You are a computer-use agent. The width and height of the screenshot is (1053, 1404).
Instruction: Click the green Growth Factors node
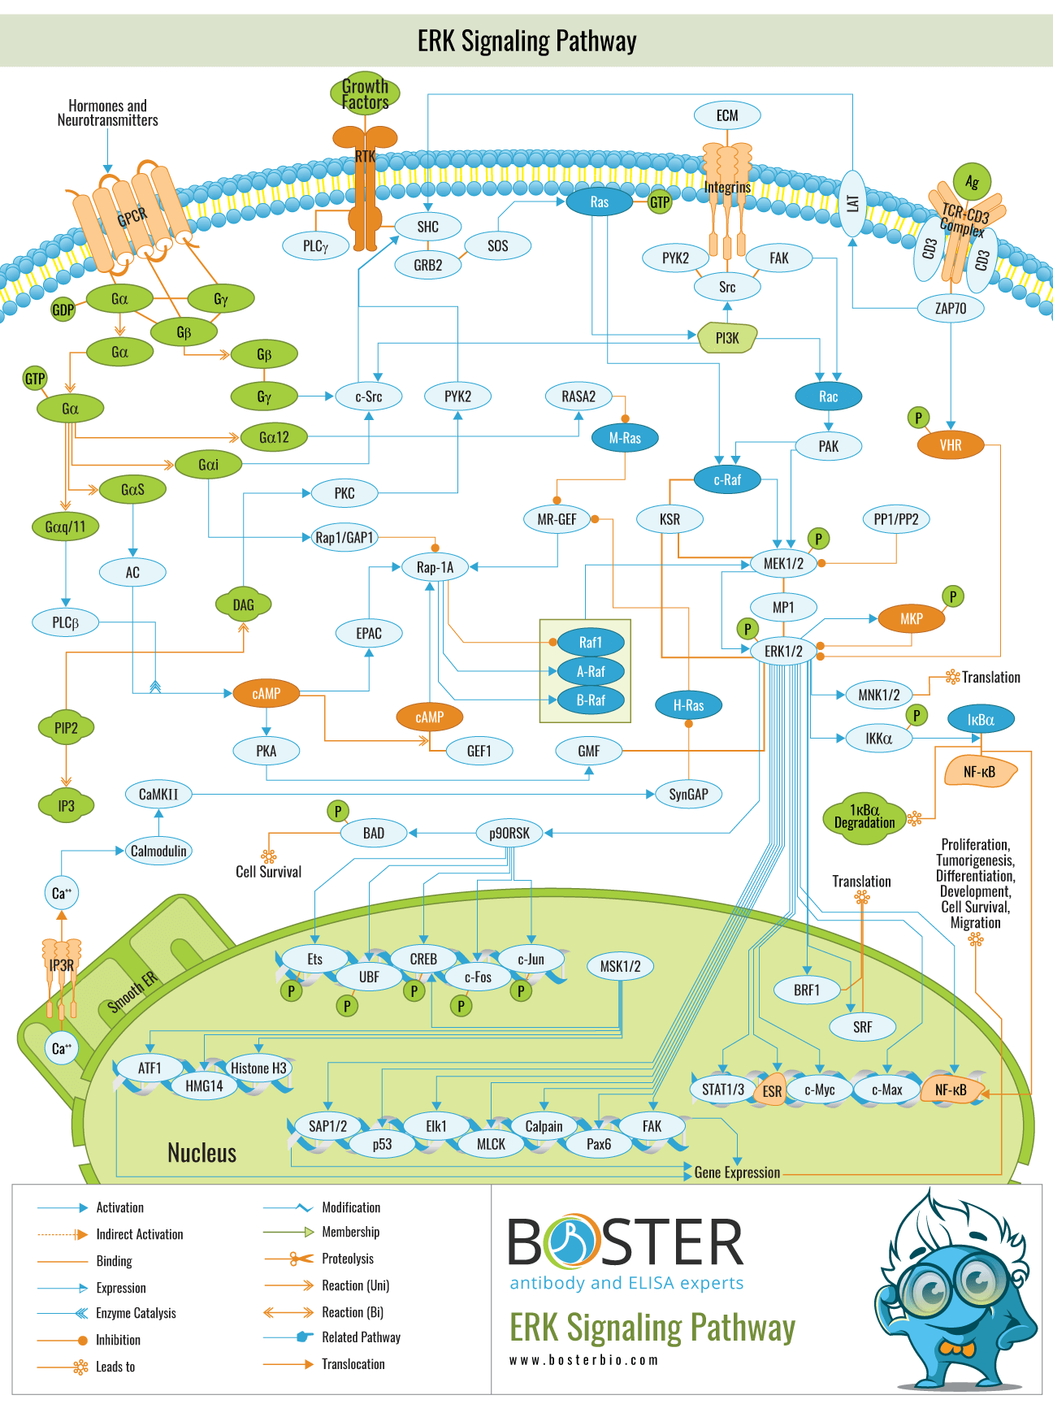click(x=365, y=93)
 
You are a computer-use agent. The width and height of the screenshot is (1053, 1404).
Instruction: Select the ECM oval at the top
click(x=727, y=115)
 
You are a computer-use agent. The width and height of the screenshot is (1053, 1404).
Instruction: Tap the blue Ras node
click(x=599, y=202)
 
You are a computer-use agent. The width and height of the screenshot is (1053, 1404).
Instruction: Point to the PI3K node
click(x=727, y=338)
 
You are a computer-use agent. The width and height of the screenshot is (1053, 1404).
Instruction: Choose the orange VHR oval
click(x=950, y=445)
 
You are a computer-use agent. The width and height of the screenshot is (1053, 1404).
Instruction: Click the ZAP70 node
click(x=950, y=308)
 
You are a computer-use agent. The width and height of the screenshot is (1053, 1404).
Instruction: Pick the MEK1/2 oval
click(x=783, y=563)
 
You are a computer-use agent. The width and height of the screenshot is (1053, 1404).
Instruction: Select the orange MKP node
click(x=911, y=619)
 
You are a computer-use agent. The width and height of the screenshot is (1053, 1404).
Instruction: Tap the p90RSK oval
click(x=509, y=833)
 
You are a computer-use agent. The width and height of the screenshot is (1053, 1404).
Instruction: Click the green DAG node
click(x=243, y=604)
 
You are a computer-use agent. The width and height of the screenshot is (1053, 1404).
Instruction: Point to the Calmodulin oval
click(x=158, y=851)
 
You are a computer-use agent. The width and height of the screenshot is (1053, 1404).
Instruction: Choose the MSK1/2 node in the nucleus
click(x=620, y=966)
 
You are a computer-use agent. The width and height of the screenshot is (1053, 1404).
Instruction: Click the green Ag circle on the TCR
click(x=972, y=182)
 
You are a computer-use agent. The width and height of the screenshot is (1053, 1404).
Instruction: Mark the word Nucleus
click(x=201, y=1153)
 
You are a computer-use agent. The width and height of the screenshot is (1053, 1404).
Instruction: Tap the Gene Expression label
click(x=737, y=1172)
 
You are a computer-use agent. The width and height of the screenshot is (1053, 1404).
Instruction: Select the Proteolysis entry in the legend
click(x=347, y=1259)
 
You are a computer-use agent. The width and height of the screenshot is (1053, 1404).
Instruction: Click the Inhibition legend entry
click(x=118, y=1340)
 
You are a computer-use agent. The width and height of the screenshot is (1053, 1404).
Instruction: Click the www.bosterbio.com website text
click(x=583, y=1360)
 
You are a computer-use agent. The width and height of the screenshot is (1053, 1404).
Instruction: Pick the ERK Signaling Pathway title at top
click(x=526, y=41)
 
